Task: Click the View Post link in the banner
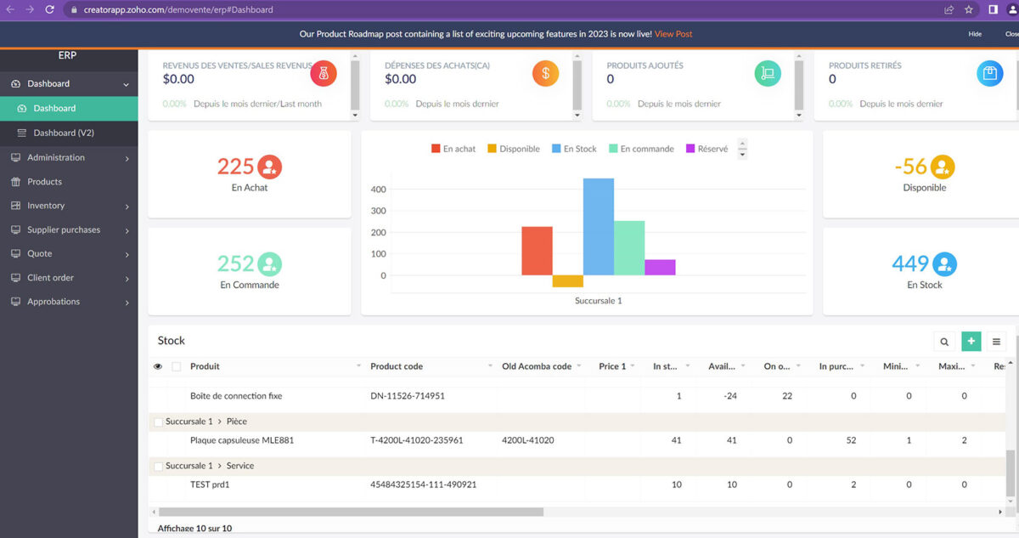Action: [673, 34]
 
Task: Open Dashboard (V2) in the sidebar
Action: [64, 133]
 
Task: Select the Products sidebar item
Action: [44, 182]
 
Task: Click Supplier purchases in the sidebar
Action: [63, 230]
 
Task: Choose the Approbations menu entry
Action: [53, 302]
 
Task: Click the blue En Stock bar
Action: [598, 227]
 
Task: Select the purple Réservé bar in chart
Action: [660, 267]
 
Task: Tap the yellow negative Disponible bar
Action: [567, 281]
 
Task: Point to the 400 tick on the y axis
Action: [378, 190]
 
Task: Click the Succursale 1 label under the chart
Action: [598, 301]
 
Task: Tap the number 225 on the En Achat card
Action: [235, 167]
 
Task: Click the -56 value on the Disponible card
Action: [910, 167]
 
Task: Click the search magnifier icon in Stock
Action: [944, 342]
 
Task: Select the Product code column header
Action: [397, 366]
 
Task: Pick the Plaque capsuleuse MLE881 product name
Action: [242, 440]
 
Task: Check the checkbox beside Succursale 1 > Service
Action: [158, 467]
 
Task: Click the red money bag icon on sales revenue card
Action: [324, 74]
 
